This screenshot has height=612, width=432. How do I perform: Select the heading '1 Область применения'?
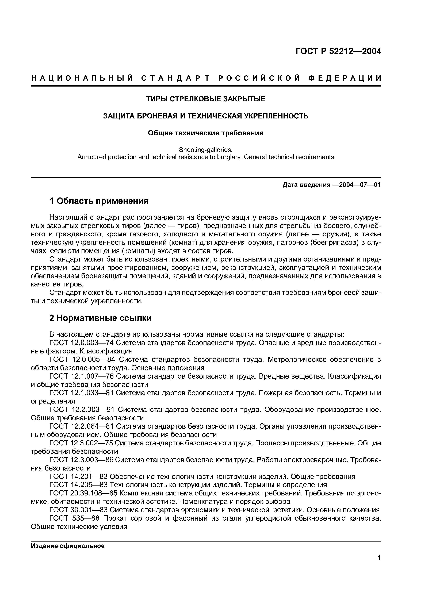(x=99, y=201)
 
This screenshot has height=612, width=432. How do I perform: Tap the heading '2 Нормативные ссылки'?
(x=100, y=318)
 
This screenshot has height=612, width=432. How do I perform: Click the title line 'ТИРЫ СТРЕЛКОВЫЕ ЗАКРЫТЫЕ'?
(x=206, y=99)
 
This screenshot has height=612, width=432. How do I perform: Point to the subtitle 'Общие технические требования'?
(x=206, y=133)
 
